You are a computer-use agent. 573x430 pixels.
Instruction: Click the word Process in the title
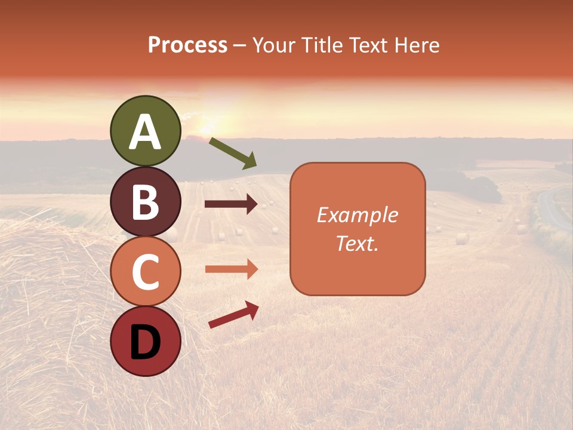pyautogui.click(x=187, y=45)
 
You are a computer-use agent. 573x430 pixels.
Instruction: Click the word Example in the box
pyautogui.click(x=357, y=215)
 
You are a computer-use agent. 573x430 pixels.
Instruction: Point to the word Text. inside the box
pyautogui.click(x=357, y=243)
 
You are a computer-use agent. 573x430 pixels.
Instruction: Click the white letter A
pyautogui.click(x=145, y=132)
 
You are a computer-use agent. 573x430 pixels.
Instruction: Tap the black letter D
pyautogui.click(x=145, y=343)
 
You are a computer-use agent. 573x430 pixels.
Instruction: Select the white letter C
pyautogui.click(x=145, y=272)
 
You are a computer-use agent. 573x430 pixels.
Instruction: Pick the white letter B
pyautogui.click(x=145, y=202)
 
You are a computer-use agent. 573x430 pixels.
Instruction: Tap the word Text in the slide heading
pyautogui.click(x=368, y=45)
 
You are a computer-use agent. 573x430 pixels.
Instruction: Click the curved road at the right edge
pyautogui.click(x=552, y=209)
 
